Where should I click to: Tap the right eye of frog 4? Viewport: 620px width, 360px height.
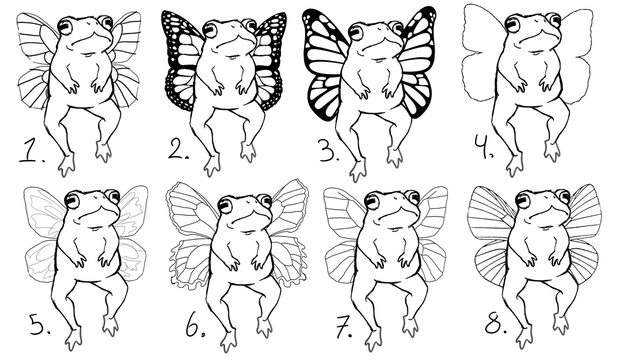555,20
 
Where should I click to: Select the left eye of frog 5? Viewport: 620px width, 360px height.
72,200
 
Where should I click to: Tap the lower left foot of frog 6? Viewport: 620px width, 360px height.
229,341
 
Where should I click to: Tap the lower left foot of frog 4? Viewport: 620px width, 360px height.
515,165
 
